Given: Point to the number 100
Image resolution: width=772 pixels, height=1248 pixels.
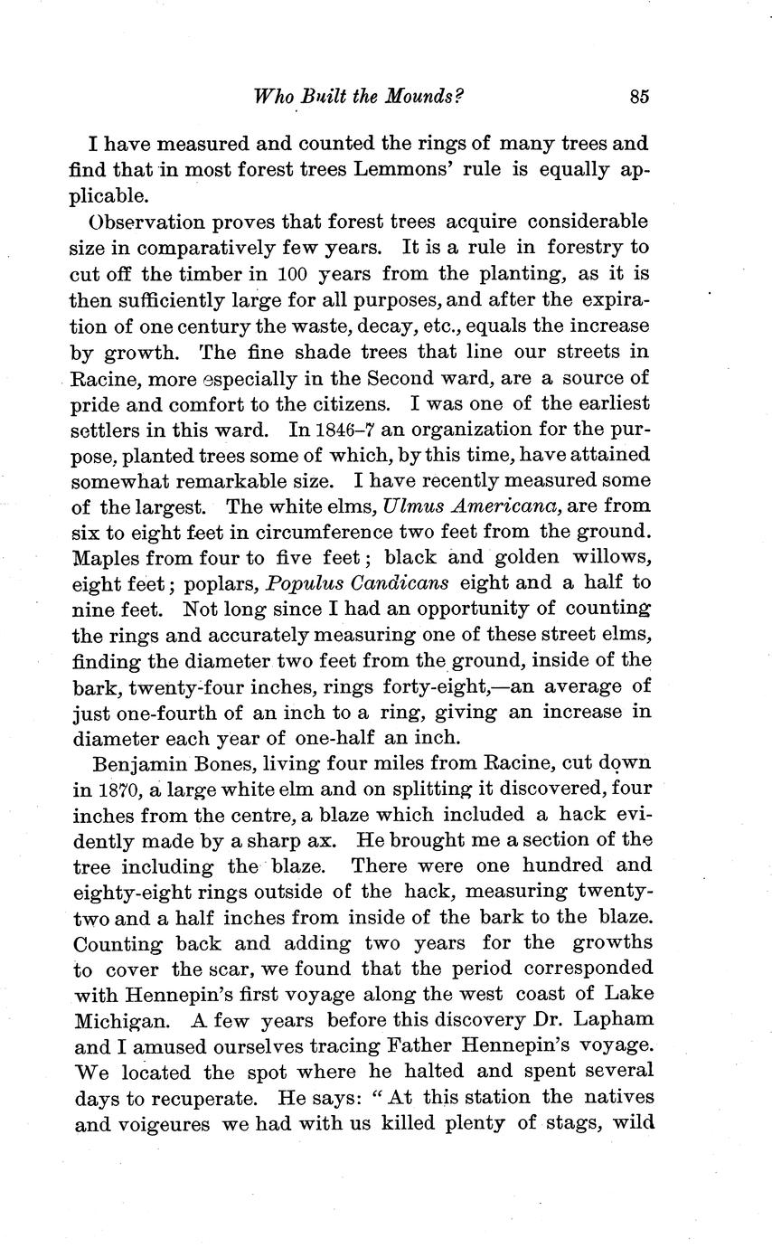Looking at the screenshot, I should (x=297, y=272).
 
